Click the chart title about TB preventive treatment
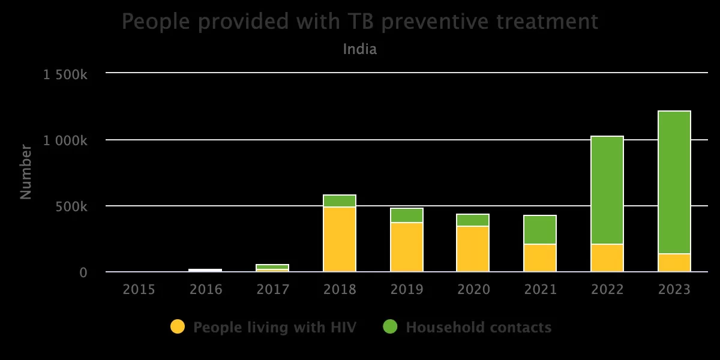click(x=360, y=22)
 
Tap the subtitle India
click(x=360, y=49)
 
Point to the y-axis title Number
click(x=25, y=172)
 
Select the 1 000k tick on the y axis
click(x=65, y=140)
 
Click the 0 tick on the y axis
click(x=83, y=272)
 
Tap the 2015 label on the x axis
click(x=139, y=290)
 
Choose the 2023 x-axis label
click(x=674, y=290)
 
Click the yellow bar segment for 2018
click(x=340, y=239)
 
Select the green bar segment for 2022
click(x=607, y=190)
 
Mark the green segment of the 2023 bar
click(x=674, y=182)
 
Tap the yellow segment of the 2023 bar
click(x=674, y=263)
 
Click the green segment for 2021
click(x=540, y=230)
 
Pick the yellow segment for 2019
click(x=407, y=247)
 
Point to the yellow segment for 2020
click(x=473, y=249)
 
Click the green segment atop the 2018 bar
click(x=340, y=201)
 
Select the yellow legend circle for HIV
click(x=178, y=327)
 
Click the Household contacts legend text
click(x=478, y=328)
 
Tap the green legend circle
click(x=390, y=327)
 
